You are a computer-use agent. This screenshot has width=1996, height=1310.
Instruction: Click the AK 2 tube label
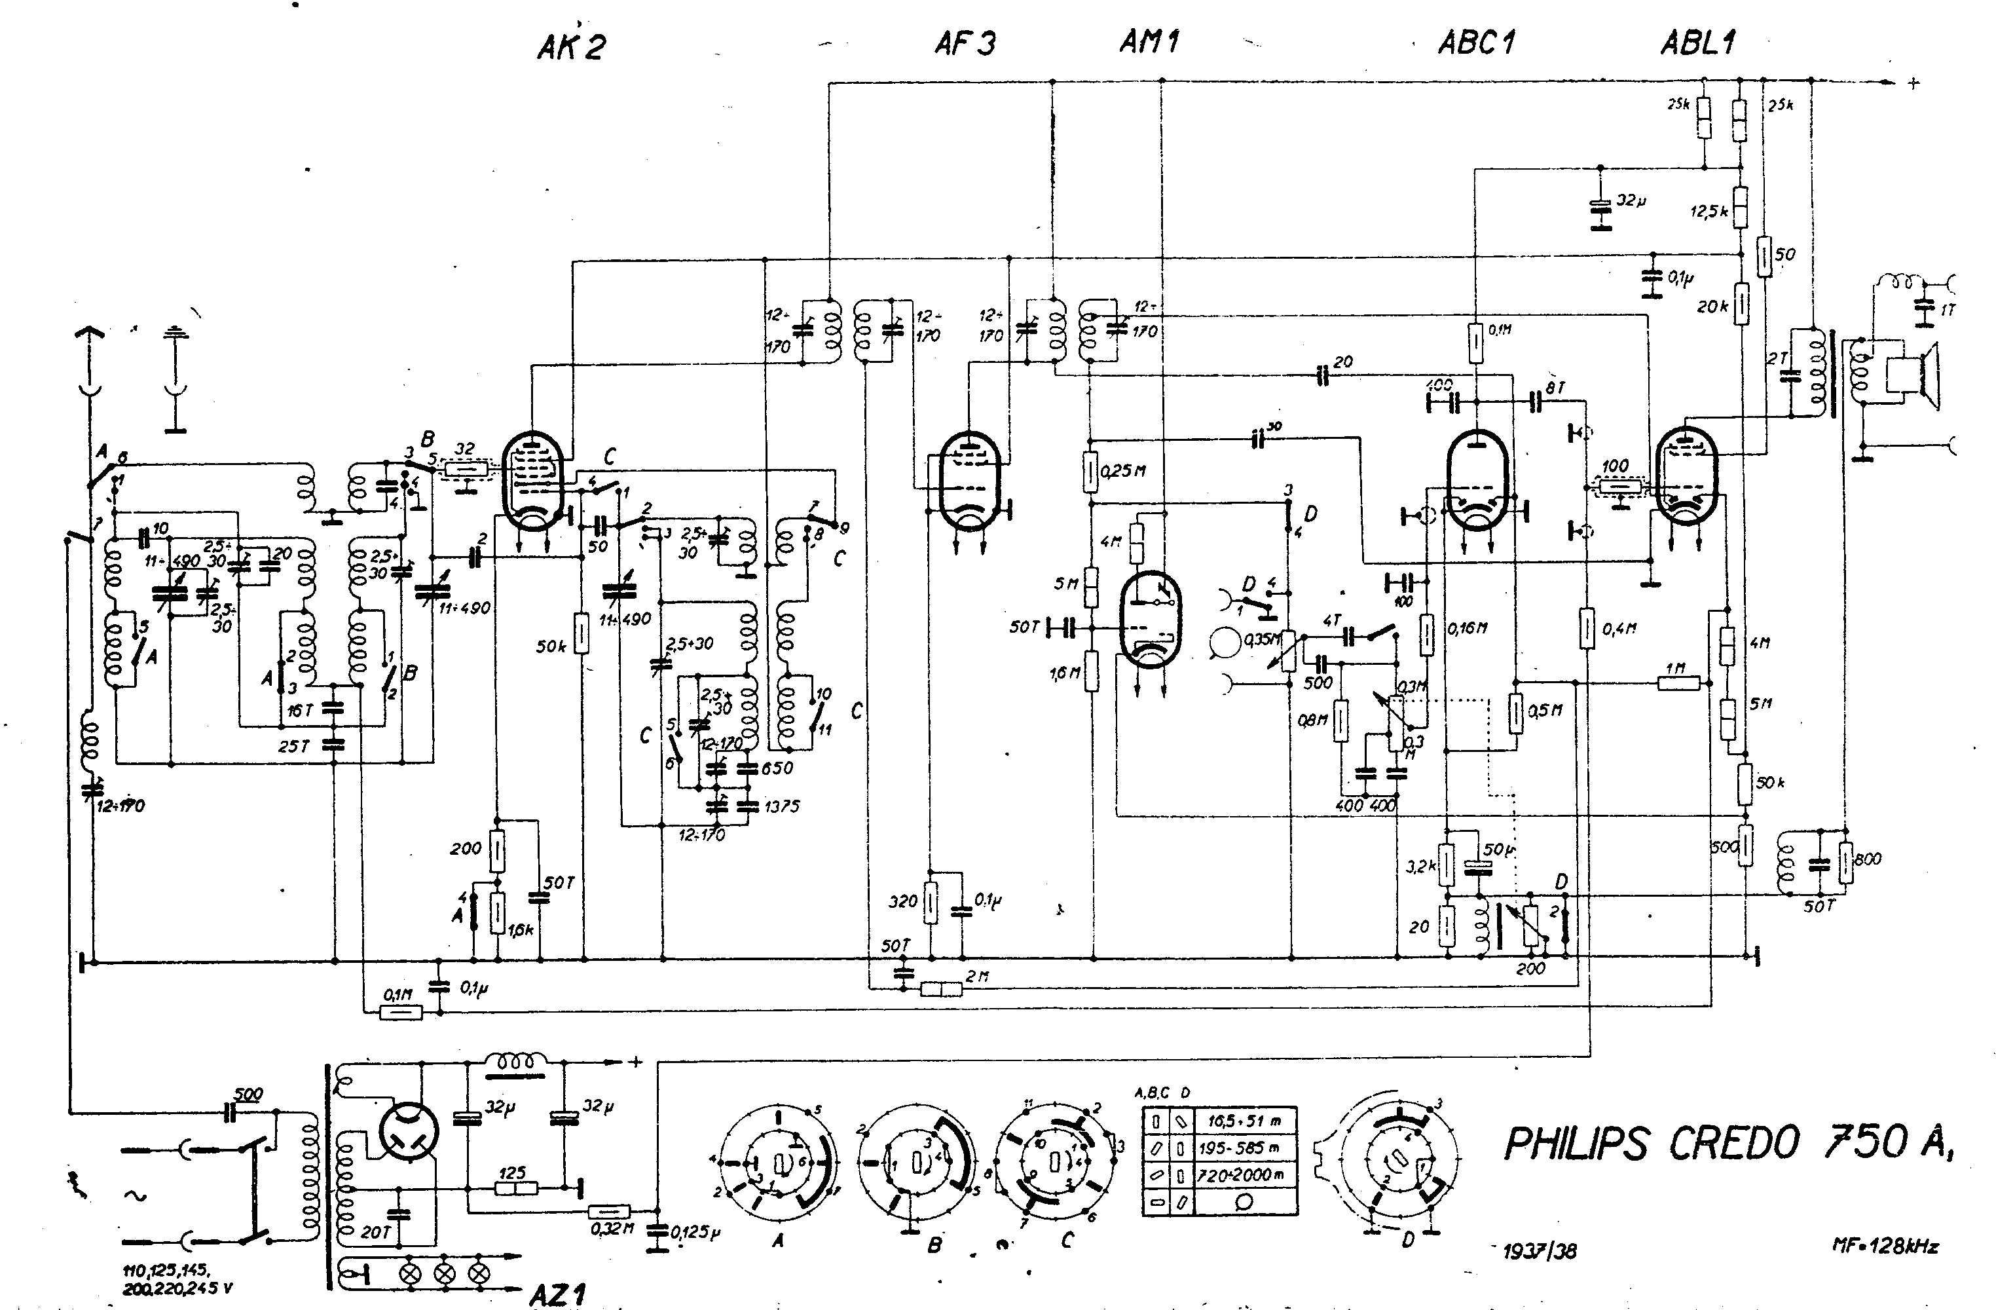pos(571,46)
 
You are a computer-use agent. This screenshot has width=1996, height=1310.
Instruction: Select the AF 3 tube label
pos(965,43)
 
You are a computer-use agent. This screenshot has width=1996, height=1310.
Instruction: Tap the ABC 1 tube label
pos(1477,42)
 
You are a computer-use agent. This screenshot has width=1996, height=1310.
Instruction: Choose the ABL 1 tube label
pos(1698,42)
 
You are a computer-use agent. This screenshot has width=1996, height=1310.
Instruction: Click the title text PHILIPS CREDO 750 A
pos(1728,1142)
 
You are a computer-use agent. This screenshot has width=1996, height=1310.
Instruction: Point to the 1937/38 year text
pos(1540,1251)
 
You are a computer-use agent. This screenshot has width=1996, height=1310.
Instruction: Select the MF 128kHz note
pos(1885,1246)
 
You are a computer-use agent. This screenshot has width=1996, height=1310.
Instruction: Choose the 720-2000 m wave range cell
pos(1240,1175)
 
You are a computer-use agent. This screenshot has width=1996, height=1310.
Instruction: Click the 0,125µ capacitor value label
pos(695,1232)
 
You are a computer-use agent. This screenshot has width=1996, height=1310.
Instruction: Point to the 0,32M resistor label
pos(612,1229)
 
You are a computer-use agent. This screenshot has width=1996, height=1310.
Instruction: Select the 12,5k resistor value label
pos(1709,212)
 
